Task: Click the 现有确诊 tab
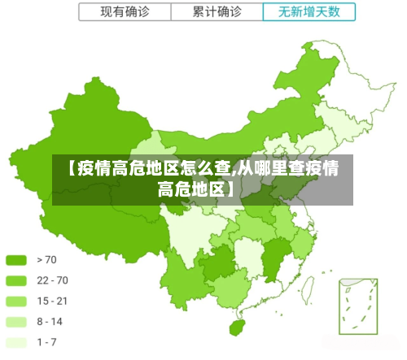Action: click(125, 12)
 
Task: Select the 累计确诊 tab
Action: click(217, 12)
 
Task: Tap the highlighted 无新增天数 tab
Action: click(309, 12)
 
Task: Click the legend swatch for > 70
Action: click(17, 261)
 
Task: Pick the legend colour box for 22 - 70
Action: click(17, 281)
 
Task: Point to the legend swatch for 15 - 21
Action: click(17, 301)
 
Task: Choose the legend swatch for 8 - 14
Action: click(17, 321)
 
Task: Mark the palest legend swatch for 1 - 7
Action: click(17, 341)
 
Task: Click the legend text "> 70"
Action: click(46, 261)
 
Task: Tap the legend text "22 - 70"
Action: click(52, 281)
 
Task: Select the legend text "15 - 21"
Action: click(52, 301)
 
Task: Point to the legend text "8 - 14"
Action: click(50, 321)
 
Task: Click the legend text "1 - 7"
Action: click(46, 341)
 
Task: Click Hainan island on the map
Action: click(237, 327)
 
